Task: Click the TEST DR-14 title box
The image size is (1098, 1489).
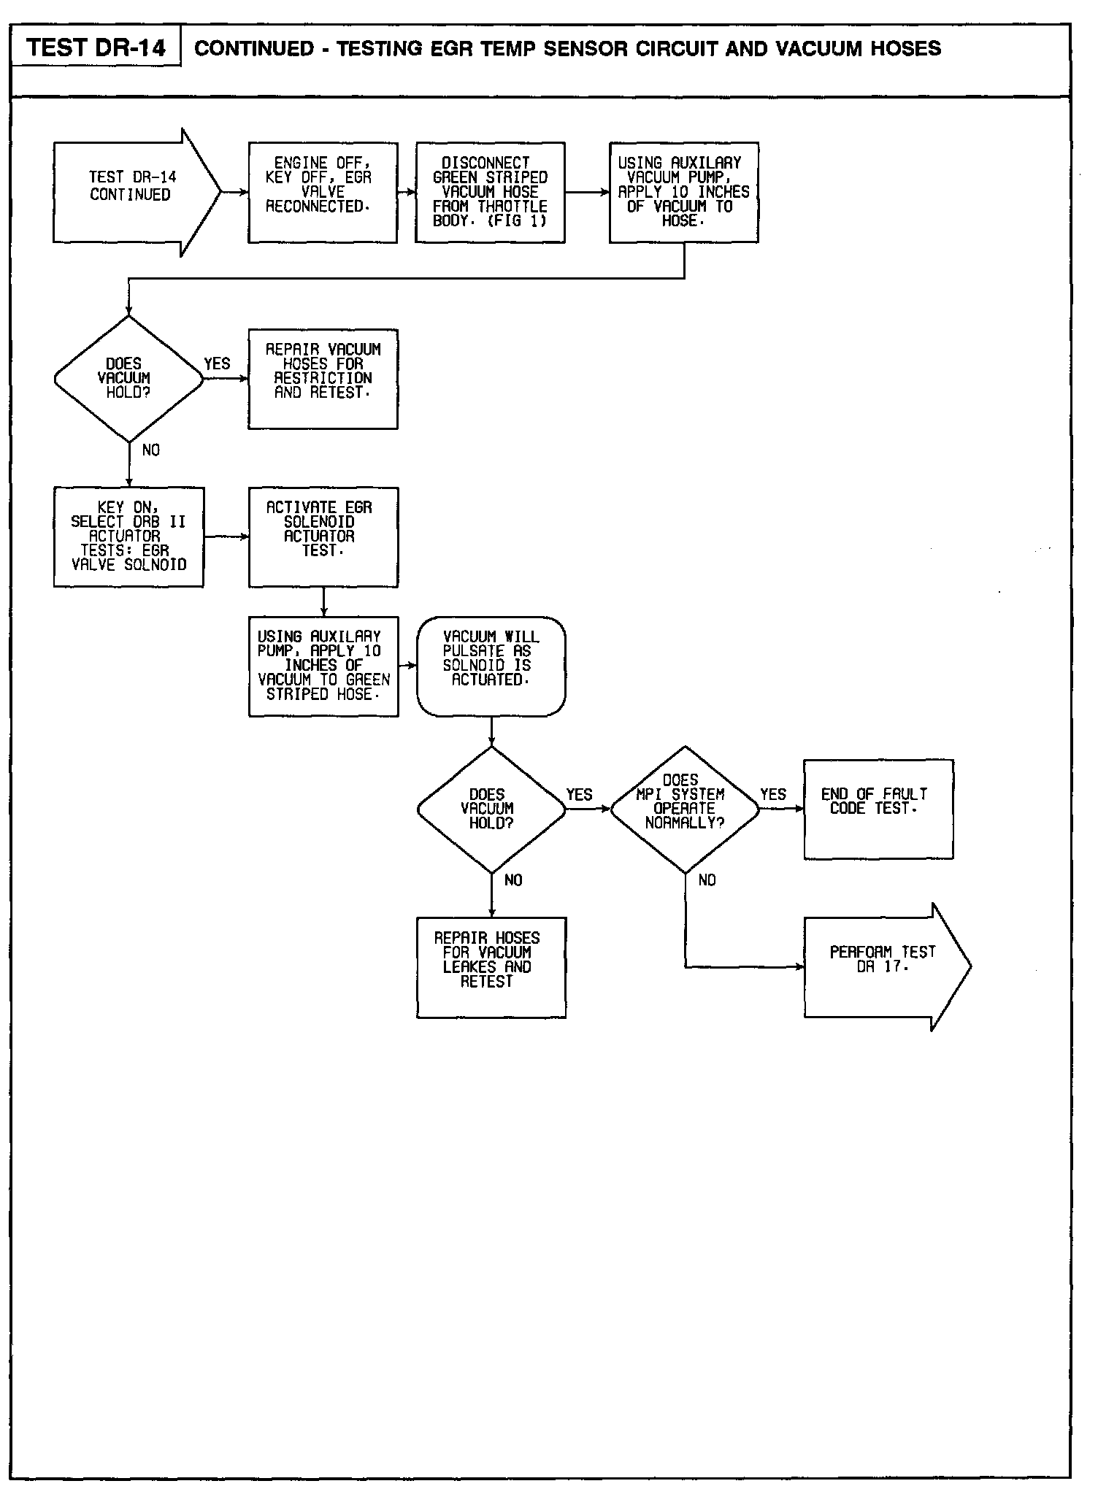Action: click(96, 47)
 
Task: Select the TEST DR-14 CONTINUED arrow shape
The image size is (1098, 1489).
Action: click(131, 193)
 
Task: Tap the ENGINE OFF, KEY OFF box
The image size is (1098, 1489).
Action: click(323, 192)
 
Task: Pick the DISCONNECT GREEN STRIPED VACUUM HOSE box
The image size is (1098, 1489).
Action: click(490, 192)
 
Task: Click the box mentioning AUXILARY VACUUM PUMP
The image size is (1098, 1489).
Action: click(684, 192)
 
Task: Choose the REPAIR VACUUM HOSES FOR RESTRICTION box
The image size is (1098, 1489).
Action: click(323, 378)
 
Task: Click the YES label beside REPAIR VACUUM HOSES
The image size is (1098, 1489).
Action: click(217, 364)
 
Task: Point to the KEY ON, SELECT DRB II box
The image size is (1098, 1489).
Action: click(128, 536)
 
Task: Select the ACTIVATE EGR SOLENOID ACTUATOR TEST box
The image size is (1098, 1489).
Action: click(323, 536)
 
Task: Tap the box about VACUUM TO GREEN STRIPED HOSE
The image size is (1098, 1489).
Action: click(323, 666)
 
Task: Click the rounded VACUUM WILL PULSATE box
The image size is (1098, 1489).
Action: click(491, 666)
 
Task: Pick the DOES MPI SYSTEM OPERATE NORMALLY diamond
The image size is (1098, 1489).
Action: click(684, 809)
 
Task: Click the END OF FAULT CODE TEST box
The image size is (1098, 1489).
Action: click(878, 809)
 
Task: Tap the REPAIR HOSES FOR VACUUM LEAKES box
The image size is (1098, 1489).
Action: click(491, 966)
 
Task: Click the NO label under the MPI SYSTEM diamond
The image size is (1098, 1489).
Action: click(707, 881)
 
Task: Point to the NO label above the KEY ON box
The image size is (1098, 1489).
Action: click(150, 450)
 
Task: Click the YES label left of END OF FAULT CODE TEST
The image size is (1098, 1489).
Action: click(773, 795)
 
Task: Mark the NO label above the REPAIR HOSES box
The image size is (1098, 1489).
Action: click(513, 881)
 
